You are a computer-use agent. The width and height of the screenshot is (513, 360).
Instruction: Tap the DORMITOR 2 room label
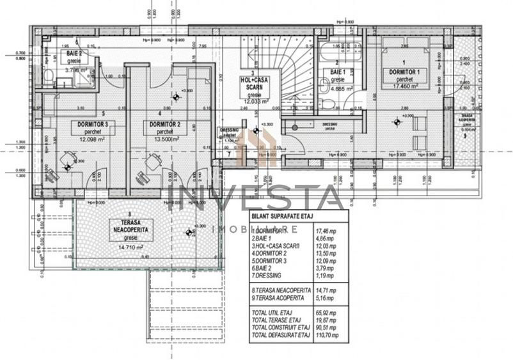(163, 123)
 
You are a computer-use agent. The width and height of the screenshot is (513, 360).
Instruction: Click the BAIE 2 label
(74, 53)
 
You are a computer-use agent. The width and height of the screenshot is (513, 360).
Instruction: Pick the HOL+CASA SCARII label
(255, 83)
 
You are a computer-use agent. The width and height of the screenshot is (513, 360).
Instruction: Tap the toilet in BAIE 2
(49, 75)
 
